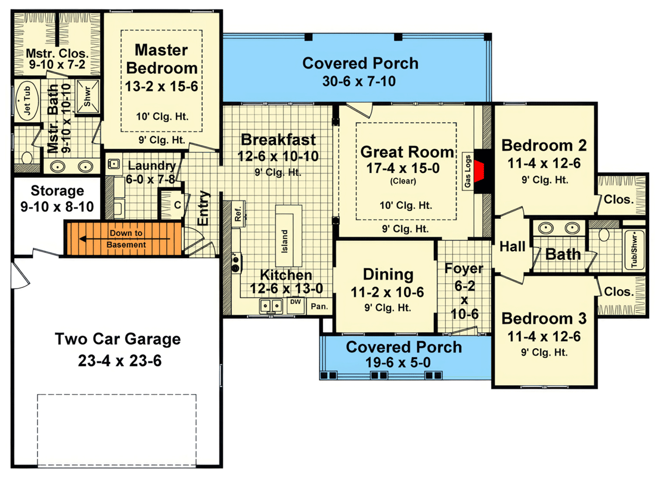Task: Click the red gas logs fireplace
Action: click(486, 170)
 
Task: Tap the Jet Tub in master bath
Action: click(25, 100)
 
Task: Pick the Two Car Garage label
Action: click(117, 339)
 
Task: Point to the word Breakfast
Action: click(278, 140)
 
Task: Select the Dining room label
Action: click(388, 275)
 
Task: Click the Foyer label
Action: click(464, 268)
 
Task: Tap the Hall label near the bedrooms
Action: click(511, 246)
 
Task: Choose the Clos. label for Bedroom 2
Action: click(619, 200)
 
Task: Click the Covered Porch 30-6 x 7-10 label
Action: click(360, 63)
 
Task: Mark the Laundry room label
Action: click(151, 166)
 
